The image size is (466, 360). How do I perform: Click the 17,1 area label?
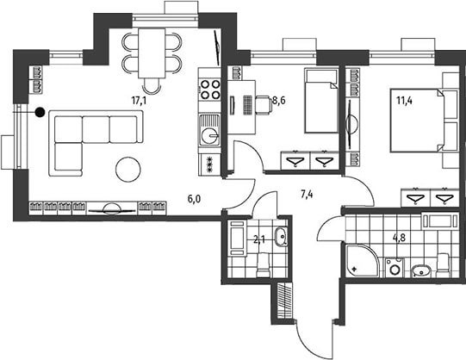coord(139,101)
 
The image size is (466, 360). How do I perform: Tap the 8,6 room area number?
coord(279,101)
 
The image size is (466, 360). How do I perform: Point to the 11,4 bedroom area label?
coord(405,101)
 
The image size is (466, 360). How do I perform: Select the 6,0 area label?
coord(194,199)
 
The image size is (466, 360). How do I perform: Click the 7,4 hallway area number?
coord(307,195)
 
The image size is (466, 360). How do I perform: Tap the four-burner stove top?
coord(210,90)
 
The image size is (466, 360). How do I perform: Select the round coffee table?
coord(128,169)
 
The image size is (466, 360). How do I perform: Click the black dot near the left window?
coord(40,112)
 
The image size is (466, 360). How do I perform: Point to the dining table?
coord(152,53)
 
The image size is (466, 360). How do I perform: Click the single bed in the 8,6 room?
coord(321,101)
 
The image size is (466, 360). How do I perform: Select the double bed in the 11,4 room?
coord(415,121)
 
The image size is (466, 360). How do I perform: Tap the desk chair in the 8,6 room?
coord(264,104)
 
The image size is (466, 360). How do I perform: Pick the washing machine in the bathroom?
coord(395,268)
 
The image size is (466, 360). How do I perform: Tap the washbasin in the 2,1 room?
coord(281,237)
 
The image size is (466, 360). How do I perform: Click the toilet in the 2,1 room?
coord(263,265)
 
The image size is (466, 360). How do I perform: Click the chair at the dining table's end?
coord(152,85)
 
